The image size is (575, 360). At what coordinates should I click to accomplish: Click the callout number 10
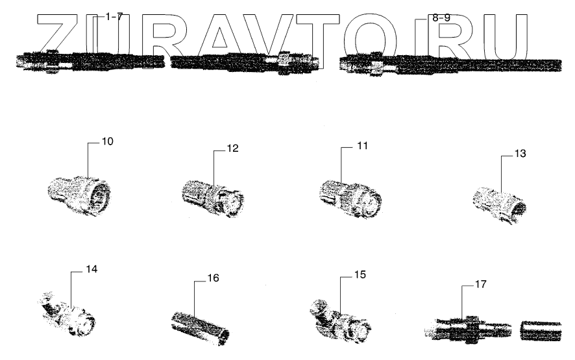pos(107,141)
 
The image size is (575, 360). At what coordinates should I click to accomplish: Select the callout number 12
pos(232,149)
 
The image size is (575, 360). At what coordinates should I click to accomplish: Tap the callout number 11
pos(361,146)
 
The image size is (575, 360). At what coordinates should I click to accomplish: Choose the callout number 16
pos(212,278)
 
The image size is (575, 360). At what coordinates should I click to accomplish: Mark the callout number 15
pos(360,274)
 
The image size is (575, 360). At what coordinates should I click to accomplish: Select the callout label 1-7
pos(114,17)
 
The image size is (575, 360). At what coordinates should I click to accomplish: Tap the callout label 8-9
pos(441,18)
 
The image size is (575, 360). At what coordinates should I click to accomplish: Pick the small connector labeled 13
pos(498,205)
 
